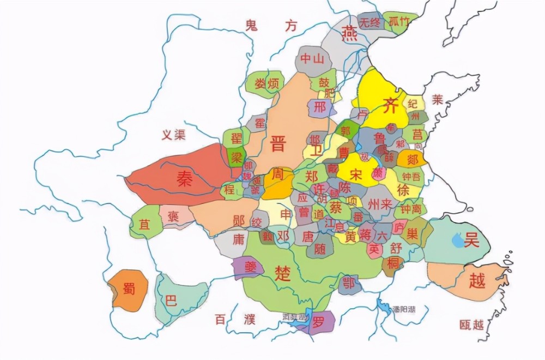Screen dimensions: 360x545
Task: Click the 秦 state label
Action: pos(184,180)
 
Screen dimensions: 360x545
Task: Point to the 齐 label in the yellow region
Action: pos(390,105)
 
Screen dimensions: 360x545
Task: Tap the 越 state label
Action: pos(476,280)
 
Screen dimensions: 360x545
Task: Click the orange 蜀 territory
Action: pos(128,289)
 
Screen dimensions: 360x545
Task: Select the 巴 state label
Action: pos(171,301)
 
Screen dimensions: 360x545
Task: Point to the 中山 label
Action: pos(312,58)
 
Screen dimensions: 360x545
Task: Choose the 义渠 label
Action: pos(173,135)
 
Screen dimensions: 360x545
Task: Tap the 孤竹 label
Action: pos(399,22)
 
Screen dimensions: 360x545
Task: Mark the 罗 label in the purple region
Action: pos(318,322)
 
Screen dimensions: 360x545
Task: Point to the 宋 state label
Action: pos(356,175)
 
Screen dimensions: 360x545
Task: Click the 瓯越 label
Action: pos(471,325)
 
